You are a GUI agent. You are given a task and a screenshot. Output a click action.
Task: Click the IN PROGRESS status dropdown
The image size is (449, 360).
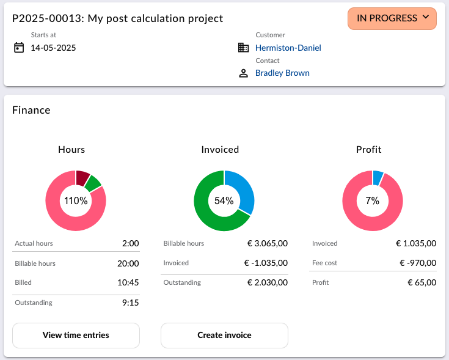pos(392,18)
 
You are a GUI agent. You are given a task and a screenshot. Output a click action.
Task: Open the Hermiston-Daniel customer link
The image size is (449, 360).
pos(288,48)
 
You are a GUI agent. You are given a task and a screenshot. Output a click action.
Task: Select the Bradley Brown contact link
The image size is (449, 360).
pos(282,73)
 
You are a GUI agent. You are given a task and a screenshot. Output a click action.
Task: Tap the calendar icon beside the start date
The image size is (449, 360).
pos(19,47)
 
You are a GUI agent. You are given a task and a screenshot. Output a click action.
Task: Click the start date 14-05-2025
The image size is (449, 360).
pos(53,48)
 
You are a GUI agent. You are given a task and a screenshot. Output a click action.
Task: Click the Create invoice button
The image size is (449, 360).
pos(224,336)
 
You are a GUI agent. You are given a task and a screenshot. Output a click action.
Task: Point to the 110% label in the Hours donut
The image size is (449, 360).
pos(76,200)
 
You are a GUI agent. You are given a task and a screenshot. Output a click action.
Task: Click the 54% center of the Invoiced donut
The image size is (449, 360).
pos(224,200)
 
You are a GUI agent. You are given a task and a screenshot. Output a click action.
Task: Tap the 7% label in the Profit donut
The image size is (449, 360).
pos(372,200)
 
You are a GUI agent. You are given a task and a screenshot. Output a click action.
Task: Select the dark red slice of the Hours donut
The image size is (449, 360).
pos(82,178)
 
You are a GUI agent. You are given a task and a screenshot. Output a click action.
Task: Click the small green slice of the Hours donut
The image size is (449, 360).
pos(93,183)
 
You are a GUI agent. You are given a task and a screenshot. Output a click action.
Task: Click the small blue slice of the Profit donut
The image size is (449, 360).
pos(378,178)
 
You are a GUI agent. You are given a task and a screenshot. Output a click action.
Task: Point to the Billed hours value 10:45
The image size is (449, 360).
pos(128,282)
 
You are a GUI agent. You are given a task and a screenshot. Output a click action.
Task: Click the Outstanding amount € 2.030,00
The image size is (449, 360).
pos(268,282)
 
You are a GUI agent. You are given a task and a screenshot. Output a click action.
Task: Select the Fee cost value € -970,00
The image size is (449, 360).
pos(418,263)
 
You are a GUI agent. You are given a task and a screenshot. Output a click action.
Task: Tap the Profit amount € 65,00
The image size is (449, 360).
pos(422,282)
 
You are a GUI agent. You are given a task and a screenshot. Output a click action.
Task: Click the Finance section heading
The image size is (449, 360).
pos(31,110)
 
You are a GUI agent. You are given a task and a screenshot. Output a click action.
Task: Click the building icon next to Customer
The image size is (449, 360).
pos(243,48)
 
